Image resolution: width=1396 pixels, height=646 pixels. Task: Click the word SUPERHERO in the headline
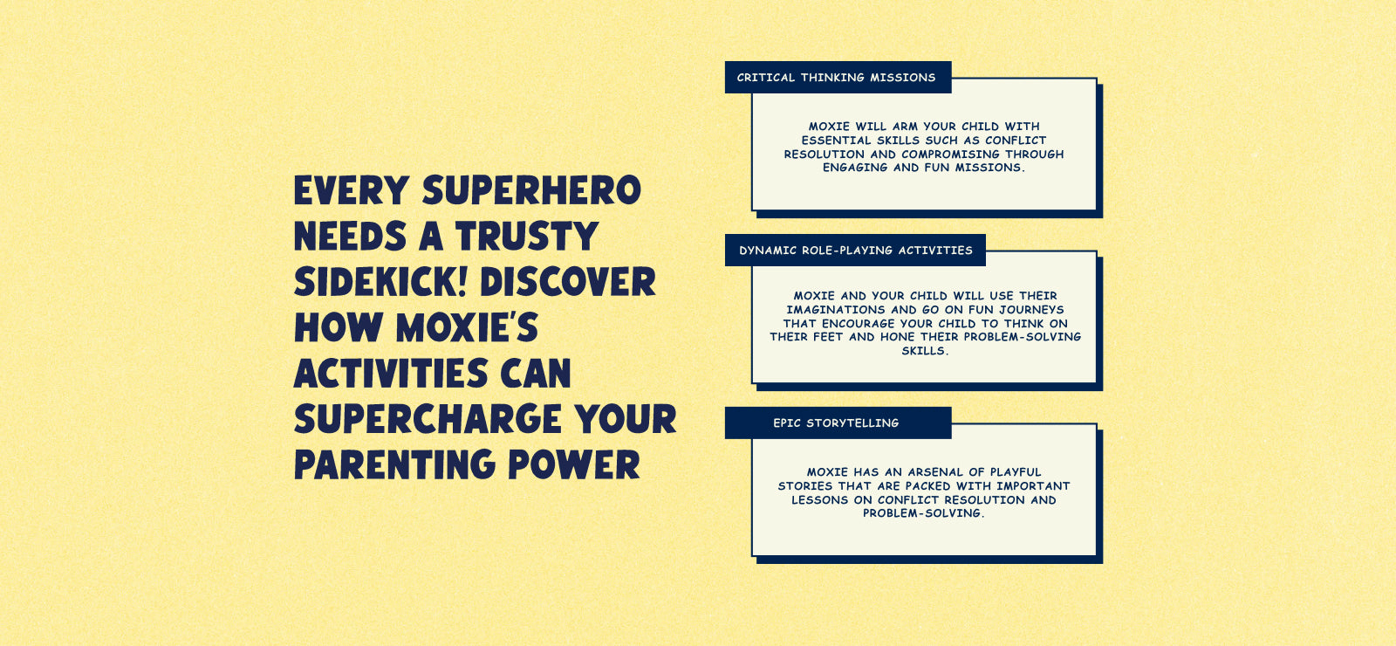pos(531,190)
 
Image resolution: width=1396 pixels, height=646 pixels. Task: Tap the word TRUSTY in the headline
pos(527,236)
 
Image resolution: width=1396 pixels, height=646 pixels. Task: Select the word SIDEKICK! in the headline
pos(380,281)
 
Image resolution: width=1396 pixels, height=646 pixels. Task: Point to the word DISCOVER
pos(568,281)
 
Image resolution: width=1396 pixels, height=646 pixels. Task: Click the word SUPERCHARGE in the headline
pos(428,418)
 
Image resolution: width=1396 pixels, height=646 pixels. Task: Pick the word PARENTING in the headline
pos(394,464)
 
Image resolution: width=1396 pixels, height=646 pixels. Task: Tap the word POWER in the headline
pos(574,464)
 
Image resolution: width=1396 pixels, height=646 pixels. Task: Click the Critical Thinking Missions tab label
pos(837,78)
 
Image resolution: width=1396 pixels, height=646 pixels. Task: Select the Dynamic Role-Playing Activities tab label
pos(856,250)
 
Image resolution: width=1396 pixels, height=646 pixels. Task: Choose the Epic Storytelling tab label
pos(837,423)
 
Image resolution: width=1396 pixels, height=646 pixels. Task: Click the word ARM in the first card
pos(905,127)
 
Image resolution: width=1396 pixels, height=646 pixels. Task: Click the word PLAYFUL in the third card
pos(1016,472)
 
